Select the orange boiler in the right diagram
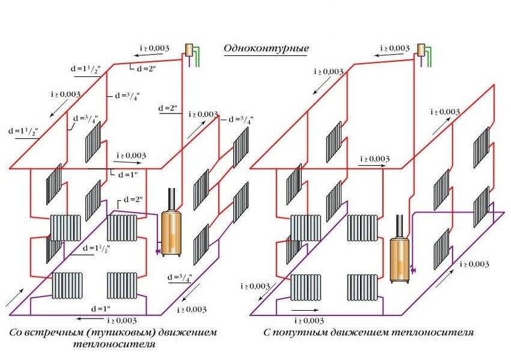(399, 258)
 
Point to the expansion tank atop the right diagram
(421, 49)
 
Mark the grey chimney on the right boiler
(399, 227)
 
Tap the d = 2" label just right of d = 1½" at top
(146, 69)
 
